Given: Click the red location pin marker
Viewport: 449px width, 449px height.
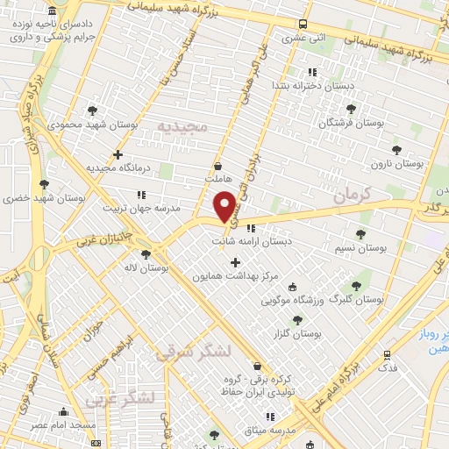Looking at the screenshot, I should (225, 205).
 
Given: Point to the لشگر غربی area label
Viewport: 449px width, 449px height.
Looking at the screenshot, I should (120, 399).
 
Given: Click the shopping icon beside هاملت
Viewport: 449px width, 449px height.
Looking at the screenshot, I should (217, 165).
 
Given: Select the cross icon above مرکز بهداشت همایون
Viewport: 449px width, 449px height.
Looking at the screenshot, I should (234, 262).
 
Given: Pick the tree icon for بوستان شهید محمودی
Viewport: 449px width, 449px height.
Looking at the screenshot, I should (92, 110).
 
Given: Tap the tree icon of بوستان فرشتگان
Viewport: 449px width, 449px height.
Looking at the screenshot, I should (351, 110).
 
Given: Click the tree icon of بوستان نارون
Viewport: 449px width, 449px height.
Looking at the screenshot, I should (396, 149).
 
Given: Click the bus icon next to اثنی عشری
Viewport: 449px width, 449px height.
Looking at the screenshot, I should (303, 25).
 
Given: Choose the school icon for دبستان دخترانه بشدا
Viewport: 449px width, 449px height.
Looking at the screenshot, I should (309, 72).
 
